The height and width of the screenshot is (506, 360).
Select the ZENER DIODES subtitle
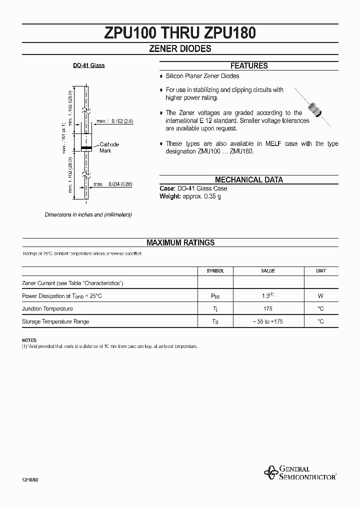click(180, 49)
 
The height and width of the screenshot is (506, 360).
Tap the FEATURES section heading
click(248, 66)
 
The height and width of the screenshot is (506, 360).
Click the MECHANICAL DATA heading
click(248, 180)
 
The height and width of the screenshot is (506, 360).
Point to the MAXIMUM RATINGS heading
click(180, 242)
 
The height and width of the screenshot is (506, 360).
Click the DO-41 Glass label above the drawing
click(89, 65)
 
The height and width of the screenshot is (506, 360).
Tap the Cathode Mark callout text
click(109, 147)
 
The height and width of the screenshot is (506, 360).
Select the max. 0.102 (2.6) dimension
click(115, 121)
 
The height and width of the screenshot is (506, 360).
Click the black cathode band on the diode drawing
click(86, 148)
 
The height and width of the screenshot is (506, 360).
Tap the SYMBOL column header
click(215, 270)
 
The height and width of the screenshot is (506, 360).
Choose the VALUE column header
click(268, 270)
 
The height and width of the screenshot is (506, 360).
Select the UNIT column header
click(320, 270)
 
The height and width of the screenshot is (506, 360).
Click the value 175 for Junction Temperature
click(268, 309)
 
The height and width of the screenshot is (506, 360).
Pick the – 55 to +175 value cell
click(268, 321)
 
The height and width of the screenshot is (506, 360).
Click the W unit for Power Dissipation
click(320, 296)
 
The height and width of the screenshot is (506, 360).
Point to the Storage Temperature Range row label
click(55, 321)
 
